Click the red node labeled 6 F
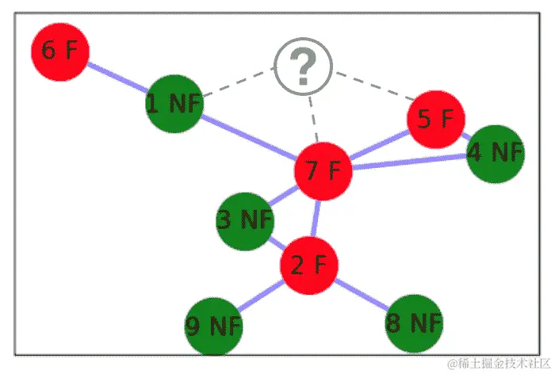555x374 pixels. pyautogui.click(x=59, y=51)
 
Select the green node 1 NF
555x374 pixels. pyautogui.click(x=174, y=104)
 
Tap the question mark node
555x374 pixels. pyautogui.click(x=303, y=69)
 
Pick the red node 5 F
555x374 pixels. pyautogui.click(x=435, y=119)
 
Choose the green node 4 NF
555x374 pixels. pyautogui.click(x=495, y=153)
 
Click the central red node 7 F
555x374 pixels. pyautogui.click(x=323, y=170)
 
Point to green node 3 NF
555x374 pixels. pyautogui.click(x=244, y=220)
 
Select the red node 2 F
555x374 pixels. pyautogui.click(x=308, y=265)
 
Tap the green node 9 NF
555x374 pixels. pyautogui.click(x=213, y=326)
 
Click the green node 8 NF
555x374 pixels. pyautogui.click(x=413, y=322)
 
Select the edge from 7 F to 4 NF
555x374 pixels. pyautogui.click(x=408, y=162)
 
